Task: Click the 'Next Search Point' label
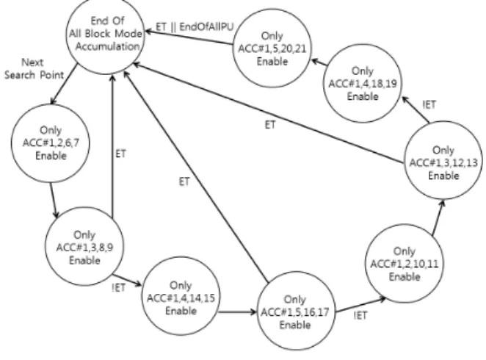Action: point(34,68)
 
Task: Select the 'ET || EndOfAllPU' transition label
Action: point(195,27)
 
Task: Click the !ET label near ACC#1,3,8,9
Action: point(118,288)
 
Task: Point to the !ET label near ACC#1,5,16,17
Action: point(360,315)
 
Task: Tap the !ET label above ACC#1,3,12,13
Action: point(429,104)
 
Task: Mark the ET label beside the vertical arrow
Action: point(120,154)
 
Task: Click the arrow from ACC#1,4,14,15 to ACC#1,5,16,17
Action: point(237,312)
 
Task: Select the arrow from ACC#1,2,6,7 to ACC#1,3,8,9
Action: point(54,201)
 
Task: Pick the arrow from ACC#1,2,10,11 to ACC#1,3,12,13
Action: point(438,217)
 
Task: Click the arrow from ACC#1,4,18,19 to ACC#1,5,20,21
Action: point(319,62)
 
